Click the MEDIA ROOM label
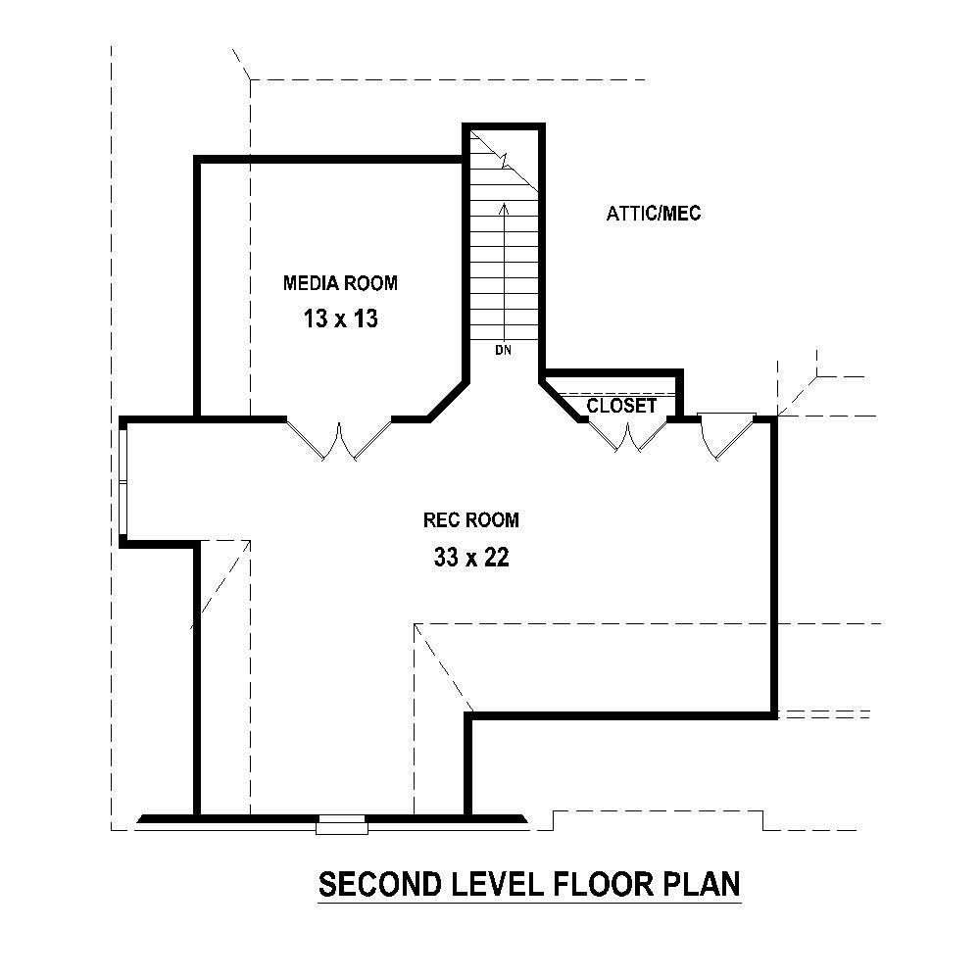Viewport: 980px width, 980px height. click(x=340, y=283)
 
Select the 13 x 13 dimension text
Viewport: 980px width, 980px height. click(x=340, y=319)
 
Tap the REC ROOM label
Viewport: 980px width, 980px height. click(x=470, y=519)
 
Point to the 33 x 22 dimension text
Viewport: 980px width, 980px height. click(x=470, y=558)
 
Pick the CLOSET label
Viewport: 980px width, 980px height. click(x=621, y=406)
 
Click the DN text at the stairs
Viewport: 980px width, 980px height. click(x=503, y=350)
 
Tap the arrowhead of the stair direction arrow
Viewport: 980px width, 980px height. click(x=504, y=208)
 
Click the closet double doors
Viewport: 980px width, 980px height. click(x=627, y=435)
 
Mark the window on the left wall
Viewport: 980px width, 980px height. click(x=123, y=481)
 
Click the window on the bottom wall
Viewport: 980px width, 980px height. click(x=342, y=824)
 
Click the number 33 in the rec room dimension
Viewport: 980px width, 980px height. click(x=445, y=558)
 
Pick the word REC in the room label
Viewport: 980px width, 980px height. click(x=440, y=519)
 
